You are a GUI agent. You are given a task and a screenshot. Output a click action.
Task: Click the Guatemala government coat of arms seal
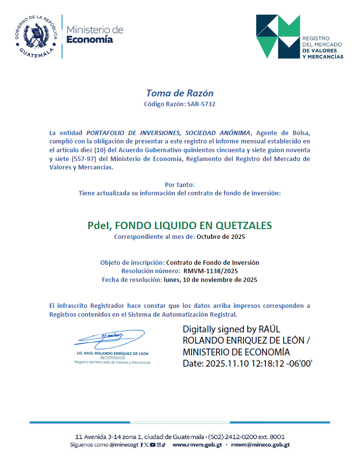36,36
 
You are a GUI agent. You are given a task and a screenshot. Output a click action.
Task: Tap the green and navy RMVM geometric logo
278,37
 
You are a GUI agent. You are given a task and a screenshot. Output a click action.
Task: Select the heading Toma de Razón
180,93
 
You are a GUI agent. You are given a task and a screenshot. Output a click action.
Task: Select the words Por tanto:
180,185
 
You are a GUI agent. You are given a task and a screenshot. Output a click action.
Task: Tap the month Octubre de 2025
221,237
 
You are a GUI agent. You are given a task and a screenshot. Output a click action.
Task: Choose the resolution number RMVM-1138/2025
211,271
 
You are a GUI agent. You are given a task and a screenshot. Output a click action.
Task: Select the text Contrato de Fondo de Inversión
213,262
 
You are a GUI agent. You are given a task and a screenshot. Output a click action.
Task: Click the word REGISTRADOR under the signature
112,358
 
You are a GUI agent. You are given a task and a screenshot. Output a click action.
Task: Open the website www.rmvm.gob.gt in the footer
197,445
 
